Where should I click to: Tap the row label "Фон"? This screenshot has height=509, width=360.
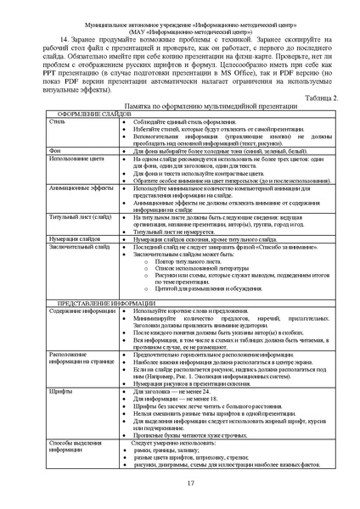(56, 173)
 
